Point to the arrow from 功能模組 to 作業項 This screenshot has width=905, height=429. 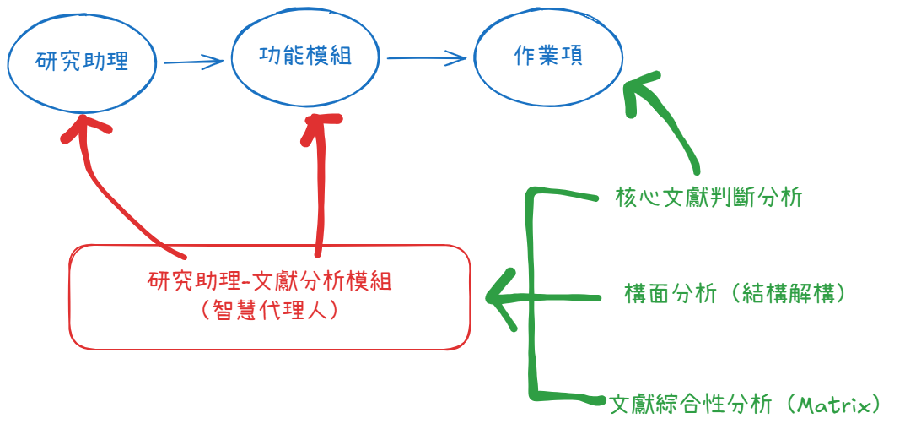(425, 58)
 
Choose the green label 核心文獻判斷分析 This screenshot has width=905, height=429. (708, 198)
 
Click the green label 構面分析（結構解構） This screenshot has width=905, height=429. (735, 293)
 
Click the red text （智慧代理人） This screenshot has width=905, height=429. (270, 310)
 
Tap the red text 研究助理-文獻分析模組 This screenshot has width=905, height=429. (269, 280)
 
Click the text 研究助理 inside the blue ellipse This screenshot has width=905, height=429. (82, 62)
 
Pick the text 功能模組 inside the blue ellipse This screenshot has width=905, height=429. (304, 56)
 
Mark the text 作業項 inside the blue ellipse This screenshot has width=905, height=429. (548, 56)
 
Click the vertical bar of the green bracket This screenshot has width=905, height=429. (531, 296)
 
